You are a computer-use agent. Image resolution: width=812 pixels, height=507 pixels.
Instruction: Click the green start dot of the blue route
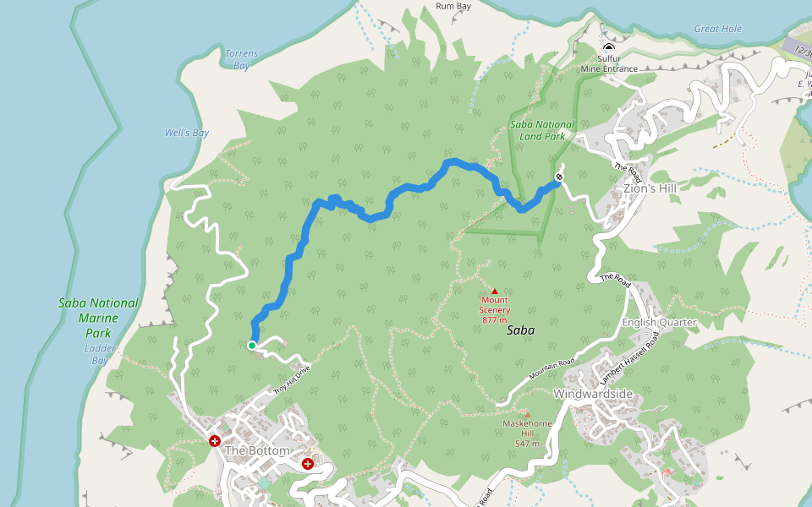click(252, 345)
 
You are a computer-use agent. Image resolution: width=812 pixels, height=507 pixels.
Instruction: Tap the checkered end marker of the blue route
click(559, 177)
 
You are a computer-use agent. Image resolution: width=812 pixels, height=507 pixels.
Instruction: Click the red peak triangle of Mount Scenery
click(495, 292)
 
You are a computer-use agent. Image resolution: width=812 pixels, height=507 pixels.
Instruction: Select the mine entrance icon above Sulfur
click(609, 47)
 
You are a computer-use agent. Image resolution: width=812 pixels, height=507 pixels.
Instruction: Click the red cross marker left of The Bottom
click(215, 440)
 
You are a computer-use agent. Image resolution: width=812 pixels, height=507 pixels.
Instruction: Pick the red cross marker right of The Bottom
click(308, 464)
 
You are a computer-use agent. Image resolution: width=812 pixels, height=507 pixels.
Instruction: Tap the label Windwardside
click(593, 394)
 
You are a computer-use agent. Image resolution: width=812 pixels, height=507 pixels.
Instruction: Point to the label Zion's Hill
click(650, 188)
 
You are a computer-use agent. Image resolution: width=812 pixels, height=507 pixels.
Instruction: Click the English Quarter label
click(659, 322)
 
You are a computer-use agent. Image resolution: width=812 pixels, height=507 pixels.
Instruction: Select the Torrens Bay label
click(241, 59)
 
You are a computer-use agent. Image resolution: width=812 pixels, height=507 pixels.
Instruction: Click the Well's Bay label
click(187, 133)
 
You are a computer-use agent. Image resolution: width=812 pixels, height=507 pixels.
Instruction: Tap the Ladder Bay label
click(100, 354)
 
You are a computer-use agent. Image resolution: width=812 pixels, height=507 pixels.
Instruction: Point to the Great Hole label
click(718, 29)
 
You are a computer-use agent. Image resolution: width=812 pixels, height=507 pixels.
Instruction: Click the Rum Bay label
click(453, 6)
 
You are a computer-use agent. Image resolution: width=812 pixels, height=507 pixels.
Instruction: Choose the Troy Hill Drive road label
click(292, 379)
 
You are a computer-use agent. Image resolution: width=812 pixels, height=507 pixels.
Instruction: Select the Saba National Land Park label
click(542, 130)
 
